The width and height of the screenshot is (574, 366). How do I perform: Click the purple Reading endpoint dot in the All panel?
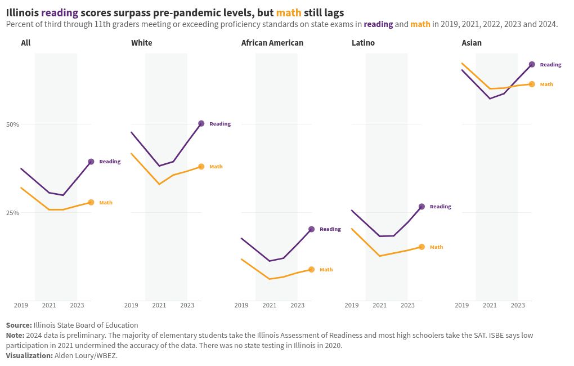pos(91,162)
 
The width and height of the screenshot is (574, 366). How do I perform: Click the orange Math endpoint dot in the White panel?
pos(201,167)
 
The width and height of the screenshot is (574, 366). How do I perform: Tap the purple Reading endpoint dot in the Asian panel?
pos(532,65)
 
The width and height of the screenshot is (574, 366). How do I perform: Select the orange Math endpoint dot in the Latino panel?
pos(421,247)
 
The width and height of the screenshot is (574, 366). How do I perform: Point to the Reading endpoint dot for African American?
pos(311,229)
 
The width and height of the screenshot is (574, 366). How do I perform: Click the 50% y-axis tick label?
pos(12,124)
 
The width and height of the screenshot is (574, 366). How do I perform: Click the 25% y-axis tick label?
pos(12,213)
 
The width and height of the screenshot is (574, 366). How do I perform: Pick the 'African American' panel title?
pos(272,43)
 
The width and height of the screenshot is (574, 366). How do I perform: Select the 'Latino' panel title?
pos(363,43)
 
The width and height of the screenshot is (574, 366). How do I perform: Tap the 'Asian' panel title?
pos(472,43)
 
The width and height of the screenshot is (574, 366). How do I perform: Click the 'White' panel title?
pos(141,43)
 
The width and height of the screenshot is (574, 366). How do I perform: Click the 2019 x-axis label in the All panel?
pos(21,305)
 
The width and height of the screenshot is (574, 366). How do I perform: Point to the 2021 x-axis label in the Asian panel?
pos(490,305)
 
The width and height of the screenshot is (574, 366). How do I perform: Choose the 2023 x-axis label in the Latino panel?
pos(407,305)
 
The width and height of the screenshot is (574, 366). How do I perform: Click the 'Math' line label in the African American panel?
pos(326,270)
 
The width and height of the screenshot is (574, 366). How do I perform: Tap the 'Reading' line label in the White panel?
pos(220,124)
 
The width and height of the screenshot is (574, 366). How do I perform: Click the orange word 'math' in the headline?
pos(289,12)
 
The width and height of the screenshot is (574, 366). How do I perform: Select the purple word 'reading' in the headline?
pos(60,12)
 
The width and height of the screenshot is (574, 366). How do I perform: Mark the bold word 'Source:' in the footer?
pos(19,325)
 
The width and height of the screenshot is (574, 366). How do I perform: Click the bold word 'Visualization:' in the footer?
pos(29,356)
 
